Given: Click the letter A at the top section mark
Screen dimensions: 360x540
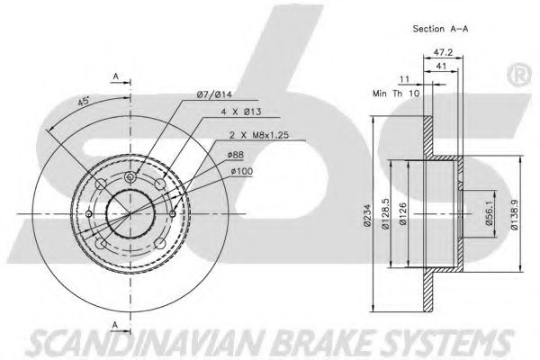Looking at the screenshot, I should click(x=115, y=76).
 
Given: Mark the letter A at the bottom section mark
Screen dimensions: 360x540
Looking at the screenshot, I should click(x=115, y=325).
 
